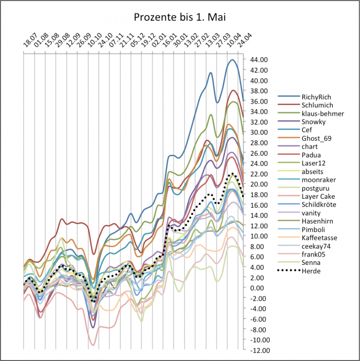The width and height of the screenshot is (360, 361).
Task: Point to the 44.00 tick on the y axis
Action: click(260, 60)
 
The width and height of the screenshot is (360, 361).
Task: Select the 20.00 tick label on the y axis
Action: click(260, 184)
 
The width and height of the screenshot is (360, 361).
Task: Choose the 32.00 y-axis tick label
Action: click(260, 122)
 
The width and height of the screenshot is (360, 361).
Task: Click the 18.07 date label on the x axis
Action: click(29, 43)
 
